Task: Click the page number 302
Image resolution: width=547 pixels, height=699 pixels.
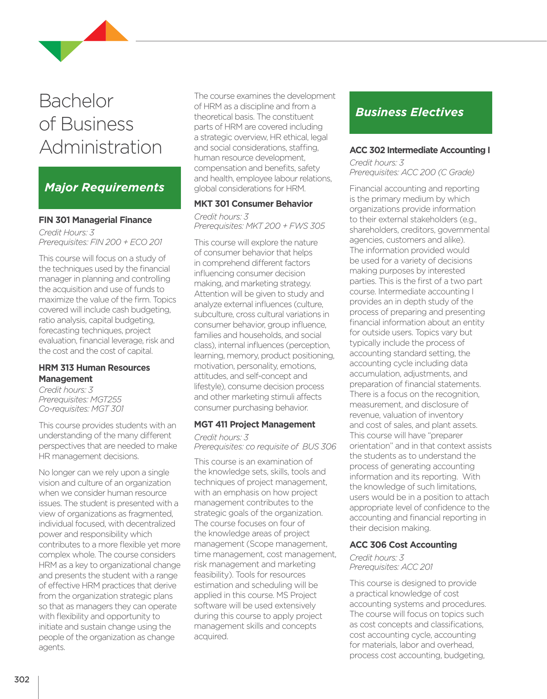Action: pos(22,679)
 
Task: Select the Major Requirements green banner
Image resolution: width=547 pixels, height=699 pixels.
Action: pos(110,188)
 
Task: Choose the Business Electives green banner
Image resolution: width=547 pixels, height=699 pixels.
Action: pos(420,113)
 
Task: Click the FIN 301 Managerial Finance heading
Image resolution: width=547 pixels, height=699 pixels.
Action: pos(95,220)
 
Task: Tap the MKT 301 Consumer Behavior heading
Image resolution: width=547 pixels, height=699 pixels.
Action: pos(253,204)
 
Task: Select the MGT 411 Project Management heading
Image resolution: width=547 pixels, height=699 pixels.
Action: pos(254,424)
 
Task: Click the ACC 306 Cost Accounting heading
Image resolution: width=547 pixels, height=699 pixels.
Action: pos(403,545)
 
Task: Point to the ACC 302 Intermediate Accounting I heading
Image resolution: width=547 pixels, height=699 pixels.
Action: pos(419,150)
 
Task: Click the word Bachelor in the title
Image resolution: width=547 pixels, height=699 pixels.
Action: pos(76,101)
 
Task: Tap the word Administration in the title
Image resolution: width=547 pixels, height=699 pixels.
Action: pos(100,147)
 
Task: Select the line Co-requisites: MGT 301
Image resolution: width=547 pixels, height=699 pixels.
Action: pos(81,409)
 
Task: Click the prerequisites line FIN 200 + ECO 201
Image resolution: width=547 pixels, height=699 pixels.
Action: pos(100,242)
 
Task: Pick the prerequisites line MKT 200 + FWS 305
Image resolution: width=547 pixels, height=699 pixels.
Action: pos(259,226)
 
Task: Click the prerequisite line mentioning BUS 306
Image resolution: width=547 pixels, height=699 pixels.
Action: pos(265,447)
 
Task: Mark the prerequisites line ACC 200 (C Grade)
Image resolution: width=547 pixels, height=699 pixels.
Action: pos(412,172)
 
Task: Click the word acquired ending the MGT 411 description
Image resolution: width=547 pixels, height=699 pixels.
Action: pos(211,637)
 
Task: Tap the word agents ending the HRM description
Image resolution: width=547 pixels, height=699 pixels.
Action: pos(52,647)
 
